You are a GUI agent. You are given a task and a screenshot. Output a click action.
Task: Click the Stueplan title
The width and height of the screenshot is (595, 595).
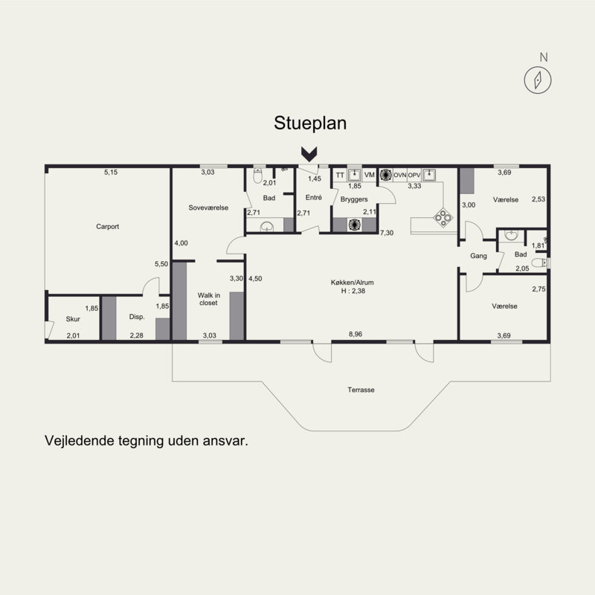click(x=310, y=123)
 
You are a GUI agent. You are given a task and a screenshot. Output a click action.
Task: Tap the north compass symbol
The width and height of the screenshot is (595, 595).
click(x=538, y=80)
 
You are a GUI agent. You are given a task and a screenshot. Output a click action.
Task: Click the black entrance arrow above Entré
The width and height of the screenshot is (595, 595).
click(x=309, y=154)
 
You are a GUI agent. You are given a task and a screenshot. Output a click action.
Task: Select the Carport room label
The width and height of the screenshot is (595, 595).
click(x=107, y=227)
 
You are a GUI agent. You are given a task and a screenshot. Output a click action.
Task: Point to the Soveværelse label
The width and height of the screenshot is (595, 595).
click(x=208, y=208)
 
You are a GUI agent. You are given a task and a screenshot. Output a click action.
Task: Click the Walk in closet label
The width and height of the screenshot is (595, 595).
click(x=209, y=299)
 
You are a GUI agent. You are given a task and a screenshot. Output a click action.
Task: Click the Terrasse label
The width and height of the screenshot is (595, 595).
click(x=361, y=390)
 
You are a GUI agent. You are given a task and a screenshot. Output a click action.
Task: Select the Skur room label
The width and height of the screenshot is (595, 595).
click(x=73, y=319)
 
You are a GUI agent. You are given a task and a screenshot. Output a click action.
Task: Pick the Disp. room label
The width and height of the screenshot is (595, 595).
click(x=137, y=317)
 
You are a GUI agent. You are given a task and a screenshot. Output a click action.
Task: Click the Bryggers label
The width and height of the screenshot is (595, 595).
click(x=354, y=199)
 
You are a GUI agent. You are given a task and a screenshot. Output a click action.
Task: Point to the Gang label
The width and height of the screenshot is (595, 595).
click(x=478, y=256)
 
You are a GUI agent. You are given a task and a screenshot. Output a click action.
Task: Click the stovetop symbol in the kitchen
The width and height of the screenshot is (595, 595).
click(x=443, y=218)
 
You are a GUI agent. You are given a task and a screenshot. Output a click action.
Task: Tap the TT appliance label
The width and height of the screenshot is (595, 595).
click(x=340, y=175)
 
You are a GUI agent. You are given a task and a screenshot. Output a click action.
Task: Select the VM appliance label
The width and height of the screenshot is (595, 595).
click(x=369, y=175)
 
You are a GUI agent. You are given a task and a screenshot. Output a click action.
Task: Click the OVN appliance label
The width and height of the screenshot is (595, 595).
click(x=399, y=175)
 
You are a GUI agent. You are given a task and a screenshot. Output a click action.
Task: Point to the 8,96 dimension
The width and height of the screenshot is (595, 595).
click(x=356, y=334)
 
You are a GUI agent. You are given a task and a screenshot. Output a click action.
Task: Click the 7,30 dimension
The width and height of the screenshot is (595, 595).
click(x=387, y=233)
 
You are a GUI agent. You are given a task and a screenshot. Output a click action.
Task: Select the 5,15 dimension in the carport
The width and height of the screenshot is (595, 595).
click(x=111, y=172)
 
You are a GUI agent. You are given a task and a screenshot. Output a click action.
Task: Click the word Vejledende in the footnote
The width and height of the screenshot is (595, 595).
click(x=80, y=441)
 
